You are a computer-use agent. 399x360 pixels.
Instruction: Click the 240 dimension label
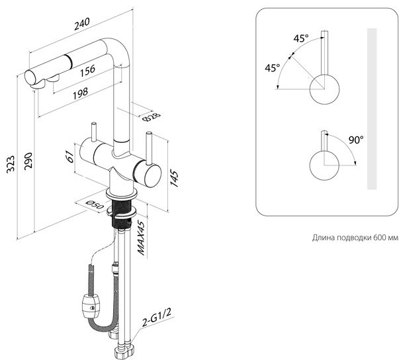point(82,24)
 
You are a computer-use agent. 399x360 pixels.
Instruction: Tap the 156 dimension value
point(87,70)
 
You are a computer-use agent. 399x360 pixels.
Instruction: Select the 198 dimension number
point(81,93)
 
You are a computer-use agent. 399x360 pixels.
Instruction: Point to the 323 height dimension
point(11,164)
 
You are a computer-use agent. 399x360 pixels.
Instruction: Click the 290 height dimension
point(28,161)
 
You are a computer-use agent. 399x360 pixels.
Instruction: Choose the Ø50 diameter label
point(95,204)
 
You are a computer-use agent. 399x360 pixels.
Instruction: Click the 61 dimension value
point(69,156)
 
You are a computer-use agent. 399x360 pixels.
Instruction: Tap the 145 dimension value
point(174,179)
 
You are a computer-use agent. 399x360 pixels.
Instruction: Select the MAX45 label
point(142,237)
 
